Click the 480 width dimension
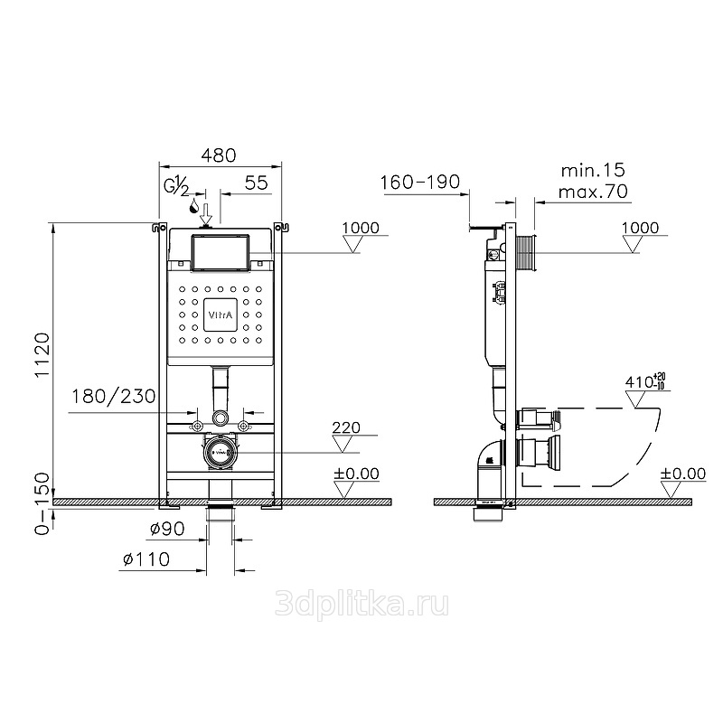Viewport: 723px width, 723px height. point(219,155)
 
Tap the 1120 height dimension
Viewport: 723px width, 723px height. point(42,355)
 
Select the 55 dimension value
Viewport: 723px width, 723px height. point(257,183)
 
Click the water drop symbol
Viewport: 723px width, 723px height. point(194,206)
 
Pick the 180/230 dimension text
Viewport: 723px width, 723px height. point(114,397)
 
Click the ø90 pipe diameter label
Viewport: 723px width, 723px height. point(167,529)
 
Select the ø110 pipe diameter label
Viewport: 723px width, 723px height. point(146,559)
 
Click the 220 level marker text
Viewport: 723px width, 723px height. point(346,427)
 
